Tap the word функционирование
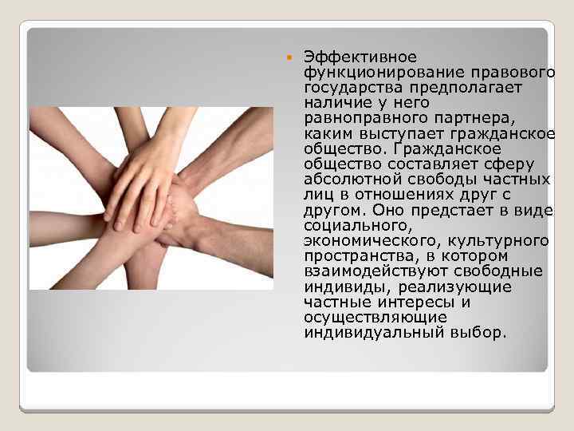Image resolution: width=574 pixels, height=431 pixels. pyautogui.click(x=373, y=73)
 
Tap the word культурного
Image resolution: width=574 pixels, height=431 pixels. pyautogui.click(x=500, y=240)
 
